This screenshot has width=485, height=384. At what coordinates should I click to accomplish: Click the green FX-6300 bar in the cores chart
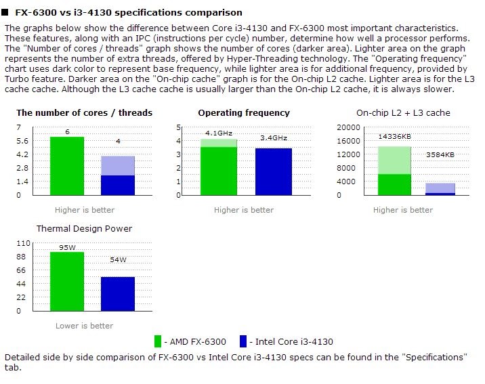[67, 166]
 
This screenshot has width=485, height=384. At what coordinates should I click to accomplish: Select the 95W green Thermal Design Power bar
[67, 282]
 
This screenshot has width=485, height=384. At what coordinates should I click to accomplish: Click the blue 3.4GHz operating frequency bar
[274, 171]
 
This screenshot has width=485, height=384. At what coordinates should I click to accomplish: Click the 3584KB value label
[440, 155]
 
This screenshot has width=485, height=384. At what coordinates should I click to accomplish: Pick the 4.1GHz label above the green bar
[218, 133]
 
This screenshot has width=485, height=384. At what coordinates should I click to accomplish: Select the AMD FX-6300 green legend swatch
[159, 341]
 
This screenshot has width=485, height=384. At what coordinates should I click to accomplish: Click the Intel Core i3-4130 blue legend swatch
[242, 341]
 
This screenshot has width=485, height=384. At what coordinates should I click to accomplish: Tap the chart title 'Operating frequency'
[244, 113]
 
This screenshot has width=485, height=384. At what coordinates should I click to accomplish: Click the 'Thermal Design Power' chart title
[84, 229]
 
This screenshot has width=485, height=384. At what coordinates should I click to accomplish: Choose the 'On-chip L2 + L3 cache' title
[403, 113]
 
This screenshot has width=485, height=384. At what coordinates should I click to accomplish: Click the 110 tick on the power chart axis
[24, 243]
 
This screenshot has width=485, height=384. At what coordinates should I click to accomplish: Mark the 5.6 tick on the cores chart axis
[24, 141]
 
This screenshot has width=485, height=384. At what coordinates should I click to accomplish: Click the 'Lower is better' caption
[84, 326]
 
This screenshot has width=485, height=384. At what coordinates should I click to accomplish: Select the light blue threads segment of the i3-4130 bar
[118, 165]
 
